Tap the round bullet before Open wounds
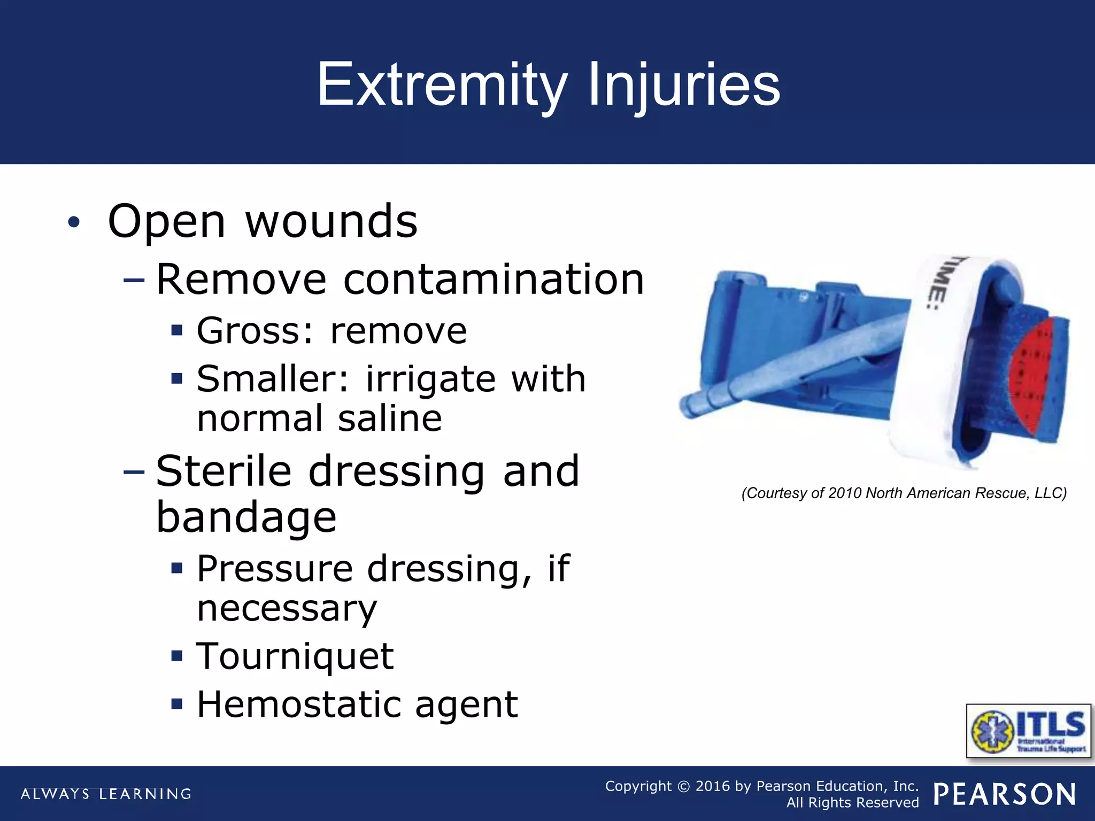coord(74,222)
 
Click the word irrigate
coord(430,379)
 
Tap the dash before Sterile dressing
coord(134,472)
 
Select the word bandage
coord(246,517)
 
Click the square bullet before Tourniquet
coord(177,655)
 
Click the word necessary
coord(287,609)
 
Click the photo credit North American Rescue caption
coord(904,493)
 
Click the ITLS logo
coord(1028,731)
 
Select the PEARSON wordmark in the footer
coord(1004,794)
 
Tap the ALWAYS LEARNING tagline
coord(106,794)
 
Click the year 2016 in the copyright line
coord(712,786)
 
